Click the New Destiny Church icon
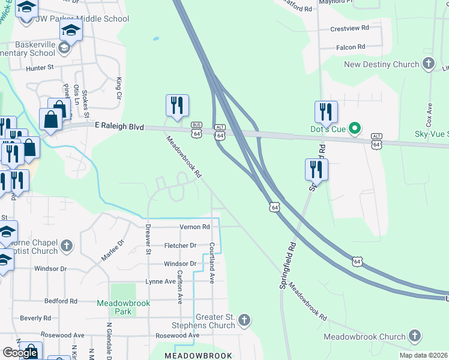[x=428, y=64]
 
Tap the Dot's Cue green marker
[x=354, y=128]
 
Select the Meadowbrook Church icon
[x=415, y=336]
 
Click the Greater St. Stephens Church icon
[x=244, y=320]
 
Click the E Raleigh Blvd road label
[x=119, y=126]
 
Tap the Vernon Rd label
[x=194, y=227]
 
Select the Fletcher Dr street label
[x=181, y=245]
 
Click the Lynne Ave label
[x=160, y=281]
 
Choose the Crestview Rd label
[x=348, y=29]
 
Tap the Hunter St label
[x=40, y=68]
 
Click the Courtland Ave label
[x=212, y=263]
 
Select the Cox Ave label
[x=429, y=114]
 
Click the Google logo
[x=20, y=353]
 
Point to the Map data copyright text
[x=423, y=355]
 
